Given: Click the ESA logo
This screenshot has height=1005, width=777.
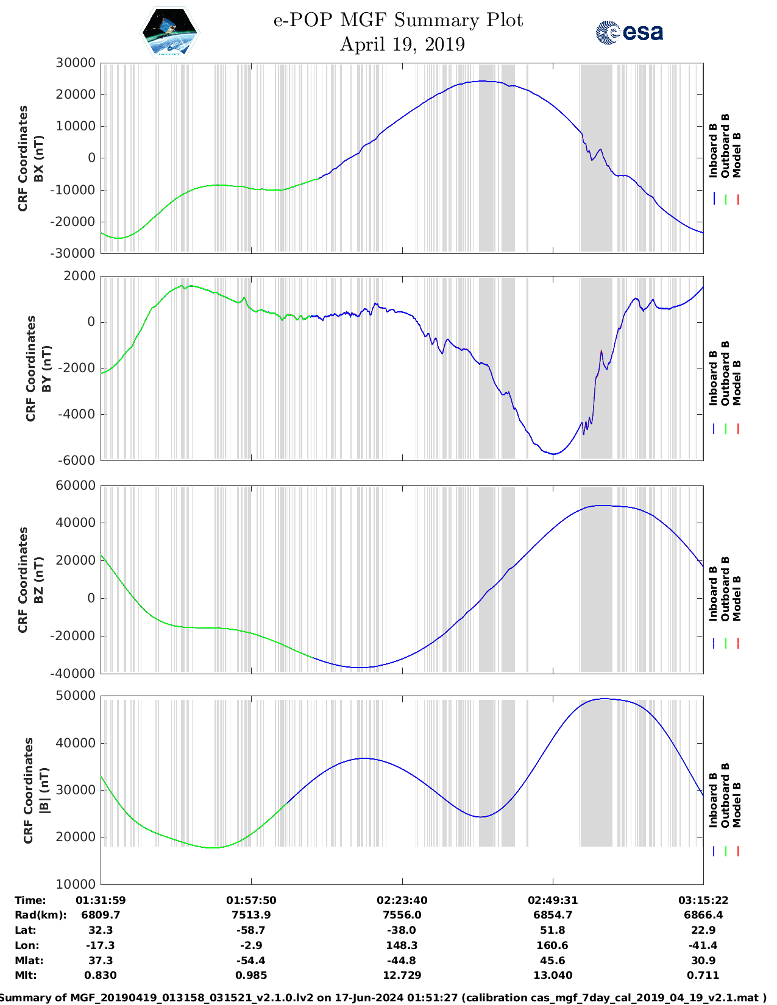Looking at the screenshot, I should coord(630,32).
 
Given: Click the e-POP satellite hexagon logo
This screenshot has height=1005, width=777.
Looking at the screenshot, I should coord(169,32).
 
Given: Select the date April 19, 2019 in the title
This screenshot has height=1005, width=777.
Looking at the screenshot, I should coord(402,44).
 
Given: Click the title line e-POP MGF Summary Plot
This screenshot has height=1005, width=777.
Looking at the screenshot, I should coord(398,20).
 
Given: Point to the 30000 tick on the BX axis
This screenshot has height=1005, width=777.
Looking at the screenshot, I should coord(76,63).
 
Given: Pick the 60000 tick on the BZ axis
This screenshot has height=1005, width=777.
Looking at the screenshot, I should coord(76,485).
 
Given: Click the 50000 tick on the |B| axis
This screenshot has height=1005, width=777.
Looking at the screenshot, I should coord(76,696).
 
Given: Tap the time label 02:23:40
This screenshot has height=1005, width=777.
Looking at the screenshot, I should coord(402,900).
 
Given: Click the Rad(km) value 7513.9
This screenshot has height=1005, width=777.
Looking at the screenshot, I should coord(251,915).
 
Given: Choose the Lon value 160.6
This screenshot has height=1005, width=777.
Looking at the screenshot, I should coord(553,945).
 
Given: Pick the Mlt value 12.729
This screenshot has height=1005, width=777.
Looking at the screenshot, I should coord(402,975).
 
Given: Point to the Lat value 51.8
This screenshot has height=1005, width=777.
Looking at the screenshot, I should coord(553,930).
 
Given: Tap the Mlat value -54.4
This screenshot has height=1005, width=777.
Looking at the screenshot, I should coord(251,961).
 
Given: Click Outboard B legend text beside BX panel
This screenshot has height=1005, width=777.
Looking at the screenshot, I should coord(725,146).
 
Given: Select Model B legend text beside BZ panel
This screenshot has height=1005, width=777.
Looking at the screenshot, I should coord(737,598).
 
